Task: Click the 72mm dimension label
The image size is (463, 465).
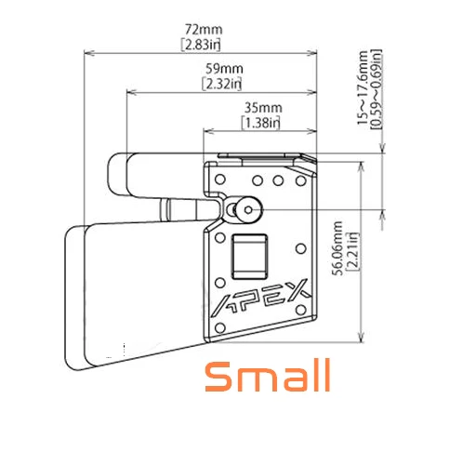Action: point(204,30)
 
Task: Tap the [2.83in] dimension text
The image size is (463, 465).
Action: point(201,45)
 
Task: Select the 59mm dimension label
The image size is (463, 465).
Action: point(224,69)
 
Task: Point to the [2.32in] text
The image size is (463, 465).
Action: point(222,84)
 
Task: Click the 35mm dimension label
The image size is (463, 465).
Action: point(263,108)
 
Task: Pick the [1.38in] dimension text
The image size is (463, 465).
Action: point(261,123)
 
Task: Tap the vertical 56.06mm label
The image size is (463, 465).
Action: point(337,248)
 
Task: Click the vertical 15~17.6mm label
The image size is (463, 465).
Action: point(362,87)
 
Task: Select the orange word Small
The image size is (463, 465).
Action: point(268,375)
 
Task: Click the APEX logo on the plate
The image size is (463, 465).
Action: point(260,298)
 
